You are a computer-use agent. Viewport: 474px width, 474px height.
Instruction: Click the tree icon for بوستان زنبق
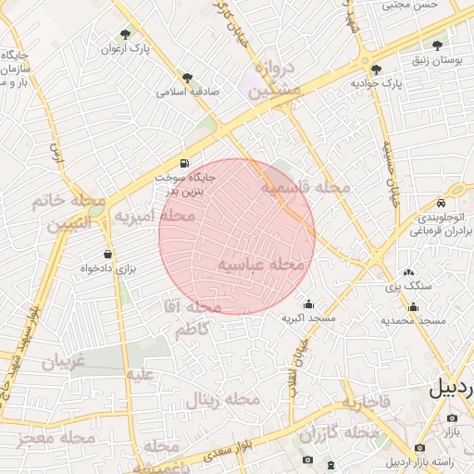point(438,44)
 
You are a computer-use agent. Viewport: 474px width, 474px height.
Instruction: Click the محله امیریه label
point(155,217)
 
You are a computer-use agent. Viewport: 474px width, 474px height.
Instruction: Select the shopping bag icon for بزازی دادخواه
point(108,254)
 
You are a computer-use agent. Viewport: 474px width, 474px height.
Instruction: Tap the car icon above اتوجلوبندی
point(442,203)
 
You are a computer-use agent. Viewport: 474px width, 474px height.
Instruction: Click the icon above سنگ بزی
point(408,272)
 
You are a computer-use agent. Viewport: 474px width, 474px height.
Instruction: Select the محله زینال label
point(221,400)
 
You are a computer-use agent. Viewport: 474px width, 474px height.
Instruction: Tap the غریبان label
point(63,362)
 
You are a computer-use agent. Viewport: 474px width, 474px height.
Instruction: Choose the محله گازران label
point(340,433)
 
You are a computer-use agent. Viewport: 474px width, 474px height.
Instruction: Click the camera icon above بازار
point(452,418)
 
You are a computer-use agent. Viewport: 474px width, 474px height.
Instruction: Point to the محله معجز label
point(63,437)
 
